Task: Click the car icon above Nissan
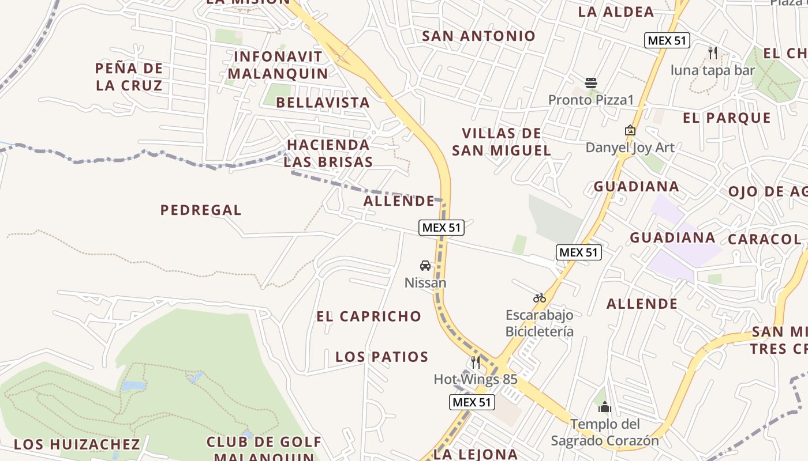tap(425, 266)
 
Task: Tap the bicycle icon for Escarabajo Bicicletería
tap(540, 298)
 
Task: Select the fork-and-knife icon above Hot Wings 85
tap(476, 362)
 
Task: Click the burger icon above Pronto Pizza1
tap(590, 83)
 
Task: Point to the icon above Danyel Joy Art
tap(630, 131)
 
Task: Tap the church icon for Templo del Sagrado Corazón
tap(604, 407)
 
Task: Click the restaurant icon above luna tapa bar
tap(713, 53)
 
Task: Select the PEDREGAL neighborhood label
tap(201, 210)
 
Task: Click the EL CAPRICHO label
tap(369, 316)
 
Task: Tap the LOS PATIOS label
tap(382, 357)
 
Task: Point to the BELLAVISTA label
tap(323, 103)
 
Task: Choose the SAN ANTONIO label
tap(479, 36)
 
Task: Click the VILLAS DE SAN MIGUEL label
tap(501, 142)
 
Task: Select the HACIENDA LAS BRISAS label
tap(328, 153)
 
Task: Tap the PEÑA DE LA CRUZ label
tap(129, 77)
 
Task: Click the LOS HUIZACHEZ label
tap(77, 444)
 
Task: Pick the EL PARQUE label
tap(727, 118)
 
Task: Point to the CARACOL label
tap(764, 239)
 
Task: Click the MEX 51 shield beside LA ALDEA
tap(667, 40)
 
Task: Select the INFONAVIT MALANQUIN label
tap(278, 65)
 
